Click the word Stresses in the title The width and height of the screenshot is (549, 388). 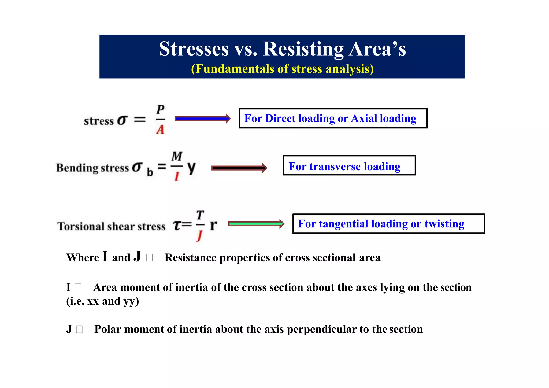click(x=194, y=49)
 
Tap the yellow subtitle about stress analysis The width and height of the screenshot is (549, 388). click(x=282, y=69)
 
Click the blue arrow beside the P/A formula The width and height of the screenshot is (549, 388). click(x=202, y=119)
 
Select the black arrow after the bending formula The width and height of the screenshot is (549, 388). click(x=239, y=168)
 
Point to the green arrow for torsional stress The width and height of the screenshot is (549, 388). click(x=256, y=224)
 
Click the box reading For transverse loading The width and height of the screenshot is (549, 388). click(x=349, y=165)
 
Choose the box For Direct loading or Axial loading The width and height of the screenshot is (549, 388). click(x=333, y=119)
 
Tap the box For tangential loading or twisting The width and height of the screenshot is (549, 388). click(x=389, y=224)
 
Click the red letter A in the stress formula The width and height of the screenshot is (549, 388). click(x=160, y=130)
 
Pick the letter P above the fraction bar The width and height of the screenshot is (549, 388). click(x=160, y=109)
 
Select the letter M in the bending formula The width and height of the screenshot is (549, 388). click(x=177, y=156)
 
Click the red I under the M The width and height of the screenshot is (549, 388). click(x=177, y=176)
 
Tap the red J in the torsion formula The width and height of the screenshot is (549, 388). click(x=199, y=236)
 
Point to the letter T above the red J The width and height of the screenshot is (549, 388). click(x=200, y=215)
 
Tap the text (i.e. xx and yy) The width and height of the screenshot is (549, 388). click(x=103, y=301)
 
